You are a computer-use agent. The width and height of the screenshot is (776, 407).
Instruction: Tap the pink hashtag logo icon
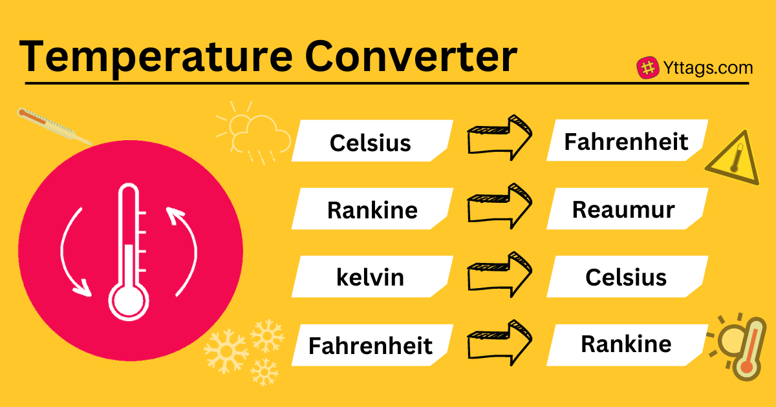[x=647, y=68]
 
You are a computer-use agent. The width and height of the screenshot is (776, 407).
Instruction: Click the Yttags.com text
[x=707, y=68]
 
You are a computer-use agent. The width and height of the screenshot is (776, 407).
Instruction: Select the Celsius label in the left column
[x=370, y=142]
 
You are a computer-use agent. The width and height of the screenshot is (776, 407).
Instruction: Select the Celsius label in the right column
[x=626, y=278]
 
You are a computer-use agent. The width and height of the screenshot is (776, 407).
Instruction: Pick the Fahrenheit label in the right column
[x=626, y=141]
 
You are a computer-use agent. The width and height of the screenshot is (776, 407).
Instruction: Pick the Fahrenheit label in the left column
[x=370, y=346]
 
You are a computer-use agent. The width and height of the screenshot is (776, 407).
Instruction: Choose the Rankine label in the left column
[x=372, y=210]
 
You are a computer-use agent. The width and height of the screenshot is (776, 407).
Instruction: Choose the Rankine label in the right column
[x=626, y=344]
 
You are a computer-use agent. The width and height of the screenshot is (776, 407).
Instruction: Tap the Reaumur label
[x=623, y=210]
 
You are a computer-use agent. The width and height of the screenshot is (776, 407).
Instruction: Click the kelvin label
[x=370, y=278]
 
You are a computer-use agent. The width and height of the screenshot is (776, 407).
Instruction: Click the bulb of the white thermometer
[x=129, y=298]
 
